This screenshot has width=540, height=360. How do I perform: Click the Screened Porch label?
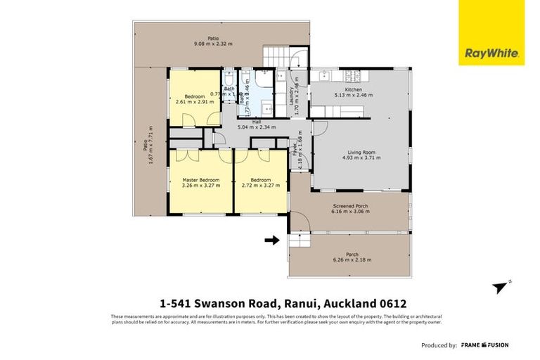[x=351, y=206]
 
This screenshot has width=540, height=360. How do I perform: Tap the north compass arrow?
[x=501, y=287]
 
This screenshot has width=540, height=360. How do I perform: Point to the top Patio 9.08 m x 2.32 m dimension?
[x=213, y=44]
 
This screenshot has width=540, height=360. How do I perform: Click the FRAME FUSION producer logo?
[x=485, y=345]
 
